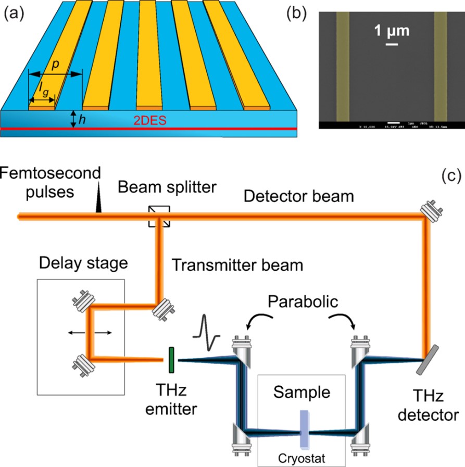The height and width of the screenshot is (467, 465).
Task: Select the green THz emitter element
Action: pos(170,359)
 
